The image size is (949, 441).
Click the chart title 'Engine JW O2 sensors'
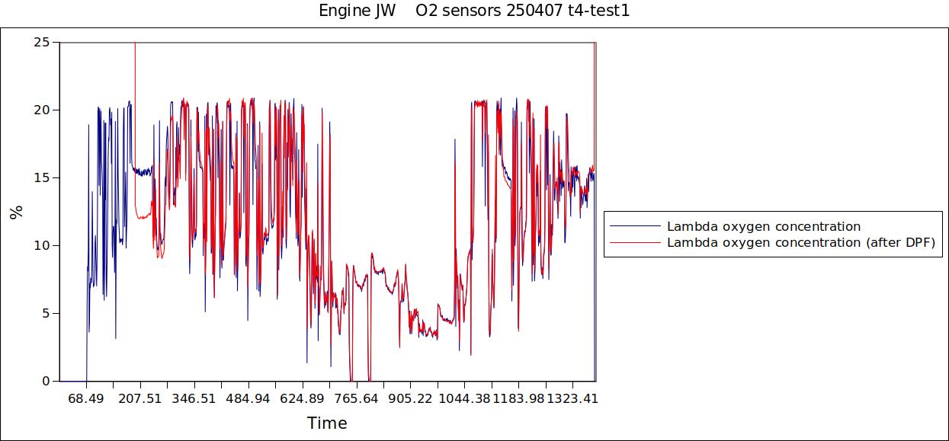pos(474,11)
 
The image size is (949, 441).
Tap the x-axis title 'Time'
pos(327,423)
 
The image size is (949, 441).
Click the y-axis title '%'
pos(16,212)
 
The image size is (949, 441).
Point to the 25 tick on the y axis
pos(42,43)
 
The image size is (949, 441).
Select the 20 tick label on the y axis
pos(42,110)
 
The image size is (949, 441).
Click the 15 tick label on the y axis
pos(42,177)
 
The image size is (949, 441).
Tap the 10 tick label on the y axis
pos(42,245)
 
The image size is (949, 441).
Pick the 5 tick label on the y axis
pos(46,313)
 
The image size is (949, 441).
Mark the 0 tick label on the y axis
pos(46,381)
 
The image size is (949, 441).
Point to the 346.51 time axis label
pos(194,398)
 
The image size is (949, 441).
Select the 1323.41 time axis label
pos(573,398)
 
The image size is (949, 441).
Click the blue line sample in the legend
pos(634,226)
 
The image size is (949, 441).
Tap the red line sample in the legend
pos(634,242)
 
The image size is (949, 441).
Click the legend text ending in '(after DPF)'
pos(800,242)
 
